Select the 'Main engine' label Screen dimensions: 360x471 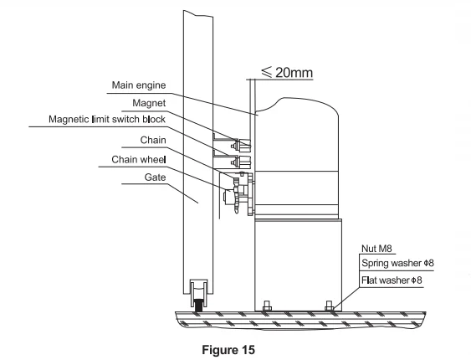pyautogui.click(x=139, y=85)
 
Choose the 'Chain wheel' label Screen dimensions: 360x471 pyautogui.click(x=138, y=159)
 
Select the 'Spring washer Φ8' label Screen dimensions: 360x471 pyautogui.click(x=390, y=263)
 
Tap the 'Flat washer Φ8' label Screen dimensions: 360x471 pyautogui.click(x=387, y=279)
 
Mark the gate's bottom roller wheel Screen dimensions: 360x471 pyautogui.click(x=201, y=294)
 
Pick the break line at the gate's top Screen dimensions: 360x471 pyautogui.click(x=201, y=12)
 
